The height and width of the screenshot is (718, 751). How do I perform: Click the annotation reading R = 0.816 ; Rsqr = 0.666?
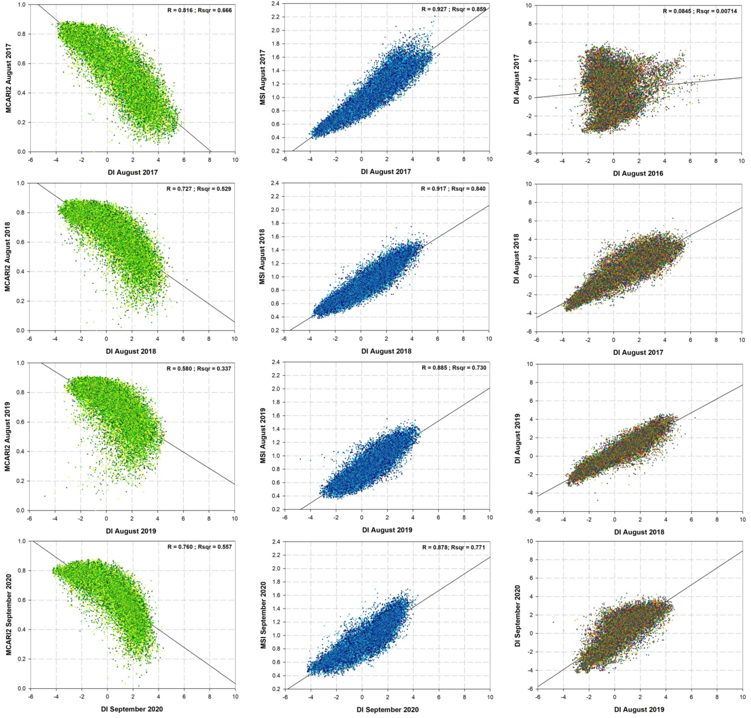200,10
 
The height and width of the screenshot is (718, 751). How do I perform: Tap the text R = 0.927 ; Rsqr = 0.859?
454,9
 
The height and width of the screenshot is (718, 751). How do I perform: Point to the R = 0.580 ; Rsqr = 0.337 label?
199,369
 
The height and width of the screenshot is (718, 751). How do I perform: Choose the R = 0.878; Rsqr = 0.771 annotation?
454,547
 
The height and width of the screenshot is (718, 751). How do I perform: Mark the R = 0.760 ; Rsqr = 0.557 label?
200,547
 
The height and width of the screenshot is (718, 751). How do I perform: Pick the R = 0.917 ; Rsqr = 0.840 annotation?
453,189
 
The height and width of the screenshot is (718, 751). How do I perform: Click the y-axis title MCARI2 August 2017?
8,78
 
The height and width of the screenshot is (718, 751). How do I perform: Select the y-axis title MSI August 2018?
262,256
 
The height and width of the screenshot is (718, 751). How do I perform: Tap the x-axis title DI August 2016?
638,173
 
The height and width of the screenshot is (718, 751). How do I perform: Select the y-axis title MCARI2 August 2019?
8,436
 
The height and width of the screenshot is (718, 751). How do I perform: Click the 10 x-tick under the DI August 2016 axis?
741,161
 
